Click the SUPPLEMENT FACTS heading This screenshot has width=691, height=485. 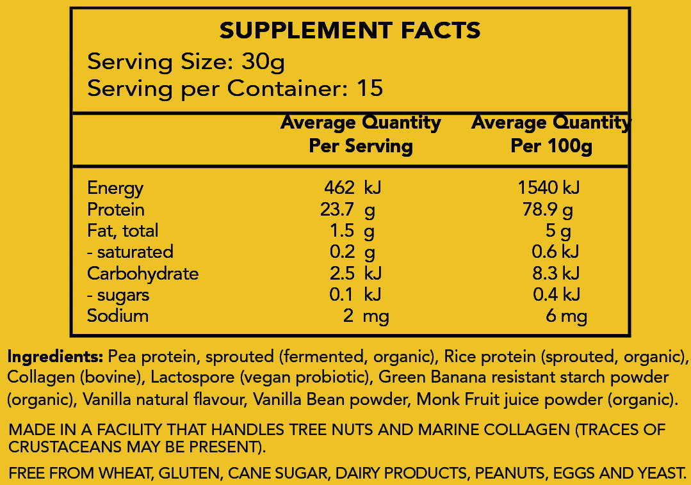pyautogui.click(x=350, y=30)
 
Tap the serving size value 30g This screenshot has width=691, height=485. pyautogui.click(x=263, y=62)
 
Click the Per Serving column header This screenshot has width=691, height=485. pyautogui.click(x=361, y=146)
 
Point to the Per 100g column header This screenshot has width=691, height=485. pyautogui.click(x=551, y=146)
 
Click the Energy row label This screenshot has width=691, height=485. pyautogui.click(x=115, y=188)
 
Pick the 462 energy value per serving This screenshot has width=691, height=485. pyautogui.click(x=339, y=188)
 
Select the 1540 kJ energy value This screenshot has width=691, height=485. pyautogui.click(x=549, y=188)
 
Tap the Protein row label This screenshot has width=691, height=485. pyautogui.click(x=116, y=209)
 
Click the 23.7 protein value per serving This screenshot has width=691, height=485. pyautogui.click(x=337, y=209)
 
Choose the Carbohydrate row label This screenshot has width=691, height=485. pyautogui.click(x=143, y=273)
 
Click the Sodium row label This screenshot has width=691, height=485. pyautogui.click(x=118, y=315)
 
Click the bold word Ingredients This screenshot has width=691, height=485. pyautogui.click(x=55, y=356)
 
